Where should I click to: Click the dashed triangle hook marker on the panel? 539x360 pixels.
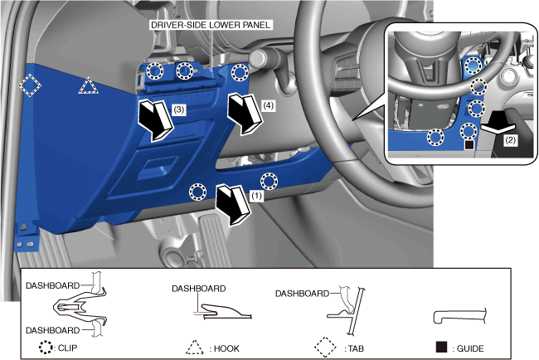(87, 85)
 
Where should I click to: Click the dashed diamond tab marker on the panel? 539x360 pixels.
(31, 85)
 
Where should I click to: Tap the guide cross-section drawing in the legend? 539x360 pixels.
(458, 317)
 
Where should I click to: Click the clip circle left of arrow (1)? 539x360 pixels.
(197, 192)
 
